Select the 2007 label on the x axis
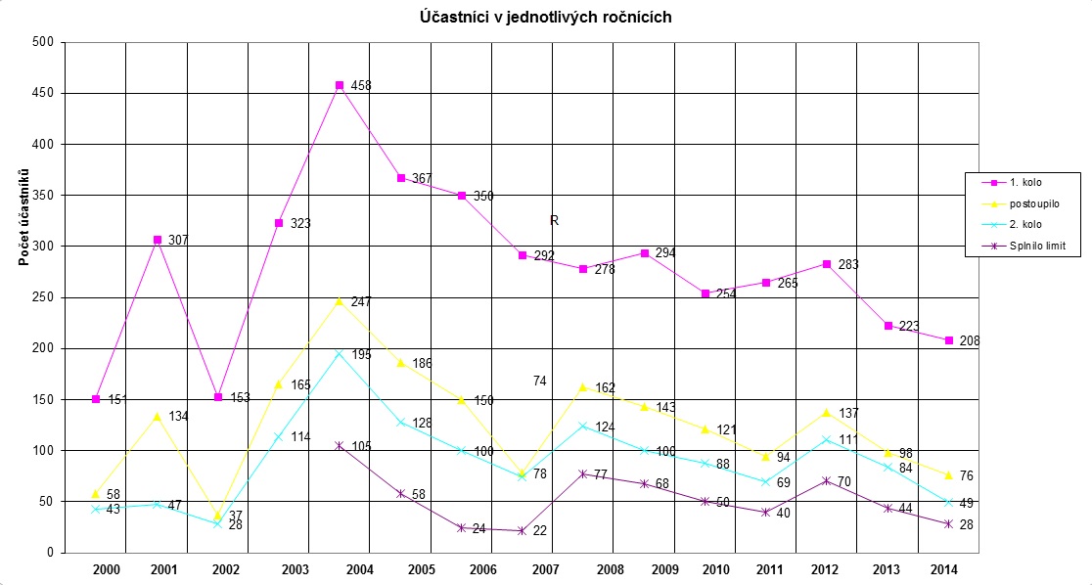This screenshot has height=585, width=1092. pos(544,569)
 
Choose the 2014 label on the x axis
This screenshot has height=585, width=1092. pos(943,569)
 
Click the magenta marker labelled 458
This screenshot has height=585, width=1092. pos(340,86)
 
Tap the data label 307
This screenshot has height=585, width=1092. pos(178,241)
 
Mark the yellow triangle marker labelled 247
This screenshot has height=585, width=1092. pos(340,301)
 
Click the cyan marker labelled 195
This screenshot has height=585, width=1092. pos(340,353)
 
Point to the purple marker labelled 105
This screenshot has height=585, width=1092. pos(340,445)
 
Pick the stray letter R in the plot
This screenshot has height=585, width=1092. pos(554,221)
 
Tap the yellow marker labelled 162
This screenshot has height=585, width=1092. pos(583,387)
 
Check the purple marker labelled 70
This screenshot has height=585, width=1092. pos(827,480)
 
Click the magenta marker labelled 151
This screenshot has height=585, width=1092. pos(96,398)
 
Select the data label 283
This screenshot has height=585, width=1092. pos(849,264)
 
